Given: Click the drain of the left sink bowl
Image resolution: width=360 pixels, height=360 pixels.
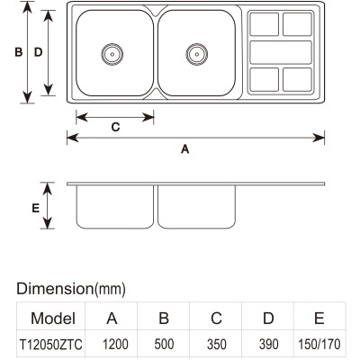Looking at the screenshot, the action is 112,54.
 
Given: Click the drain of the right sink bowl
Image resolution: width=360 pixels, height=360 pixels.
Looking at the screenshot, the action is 197,54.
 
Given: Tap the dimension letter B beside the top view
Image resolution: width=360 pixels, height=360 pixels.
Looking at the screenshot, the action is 19,52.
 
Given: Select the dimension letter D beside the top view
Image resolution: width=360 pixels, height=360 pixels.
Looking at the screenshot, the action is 38,52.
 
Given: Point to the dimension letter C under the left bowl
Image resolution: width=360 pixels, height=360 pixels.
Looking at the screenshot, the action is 115,127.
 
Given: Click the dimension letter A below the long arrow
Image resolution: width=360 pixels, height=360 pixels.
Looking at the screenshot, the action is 185,148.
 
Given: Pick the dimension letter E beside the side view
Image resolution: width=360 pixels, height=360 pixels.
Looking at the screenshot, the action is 36,208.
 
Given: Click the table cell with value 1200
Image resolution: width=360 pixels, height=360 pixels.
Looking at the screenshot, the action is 115,344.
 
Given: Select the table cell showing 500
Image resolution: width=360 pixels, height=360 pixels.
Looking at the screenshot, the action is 164,344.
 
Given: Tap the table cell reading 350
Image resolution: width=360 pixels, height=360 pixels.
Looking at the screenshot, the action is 216,344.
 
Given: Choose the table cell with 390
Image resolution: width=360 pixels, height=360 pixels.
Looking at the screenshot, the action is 268,344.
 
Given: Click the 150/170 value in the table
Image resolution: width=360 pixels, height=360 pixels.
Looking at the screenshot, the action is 319,344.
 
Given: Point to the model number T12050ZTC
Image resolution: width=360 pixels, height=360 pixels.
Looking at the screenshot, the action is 50,345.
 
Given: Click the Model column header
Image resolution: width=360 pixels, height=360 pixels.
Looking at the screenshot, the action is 53,319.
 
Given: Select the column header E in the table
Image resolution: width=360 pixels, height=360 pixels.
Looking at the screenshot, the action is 319,318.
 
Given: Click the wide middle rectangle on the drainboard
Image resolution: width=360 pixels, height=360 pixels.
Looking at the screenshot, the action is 281,52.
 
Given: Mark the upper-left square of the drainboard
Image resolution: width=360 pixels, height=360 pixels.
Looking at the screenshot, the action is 265,24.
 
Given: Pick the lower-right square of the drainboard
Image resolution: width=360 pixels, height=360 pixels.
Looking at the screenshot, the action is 297,80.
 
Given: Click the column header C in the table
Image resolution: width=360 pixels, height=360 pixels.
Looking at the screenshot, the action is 216,318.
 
